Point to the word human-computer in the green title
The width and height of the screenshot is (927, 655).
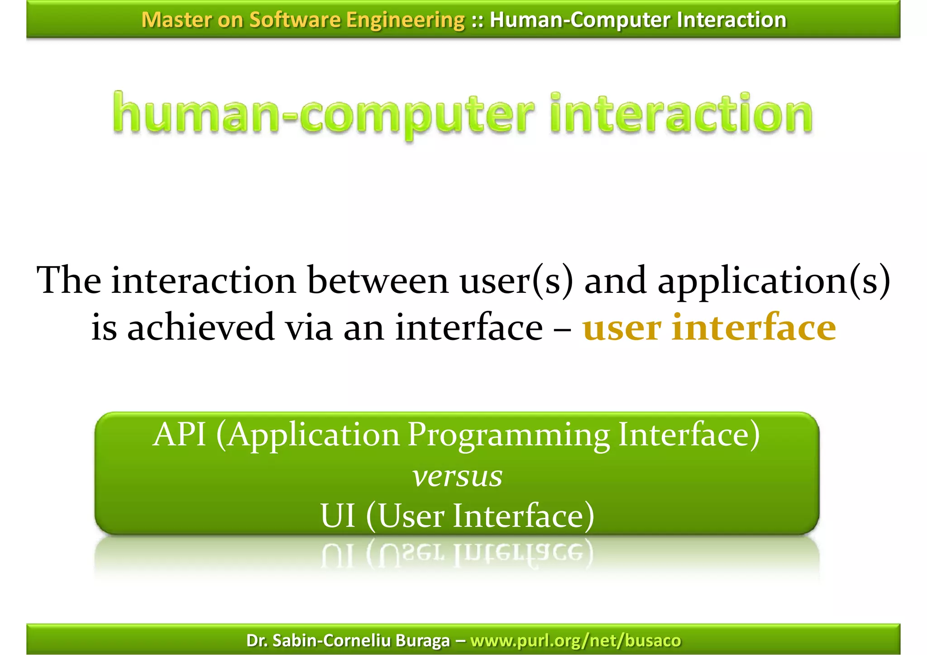[323, 114]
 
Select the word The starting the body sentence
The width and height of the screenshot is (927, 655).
[69, 281]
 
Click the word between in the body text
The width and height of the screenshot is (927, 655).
[378, 281]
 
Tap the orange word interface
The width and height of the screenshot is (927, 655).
[754, 327]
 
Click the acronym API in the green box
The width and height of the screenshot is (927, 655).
[180, 435]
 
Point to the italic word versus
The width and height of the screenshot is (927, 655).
[457, 477]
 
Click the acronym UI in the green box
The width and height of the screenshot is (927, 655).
[338, 516]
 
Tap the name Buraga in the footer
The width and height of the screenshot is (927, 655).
[423, 641]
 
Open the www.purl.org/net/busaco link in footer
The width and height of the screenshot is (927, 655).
[575, 641]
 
